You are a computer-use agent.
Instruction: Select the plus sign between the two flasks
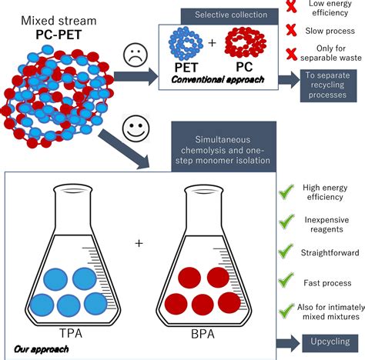coord(139,243)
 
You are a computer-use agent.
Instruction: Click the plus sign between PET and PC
coord(212,52)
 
